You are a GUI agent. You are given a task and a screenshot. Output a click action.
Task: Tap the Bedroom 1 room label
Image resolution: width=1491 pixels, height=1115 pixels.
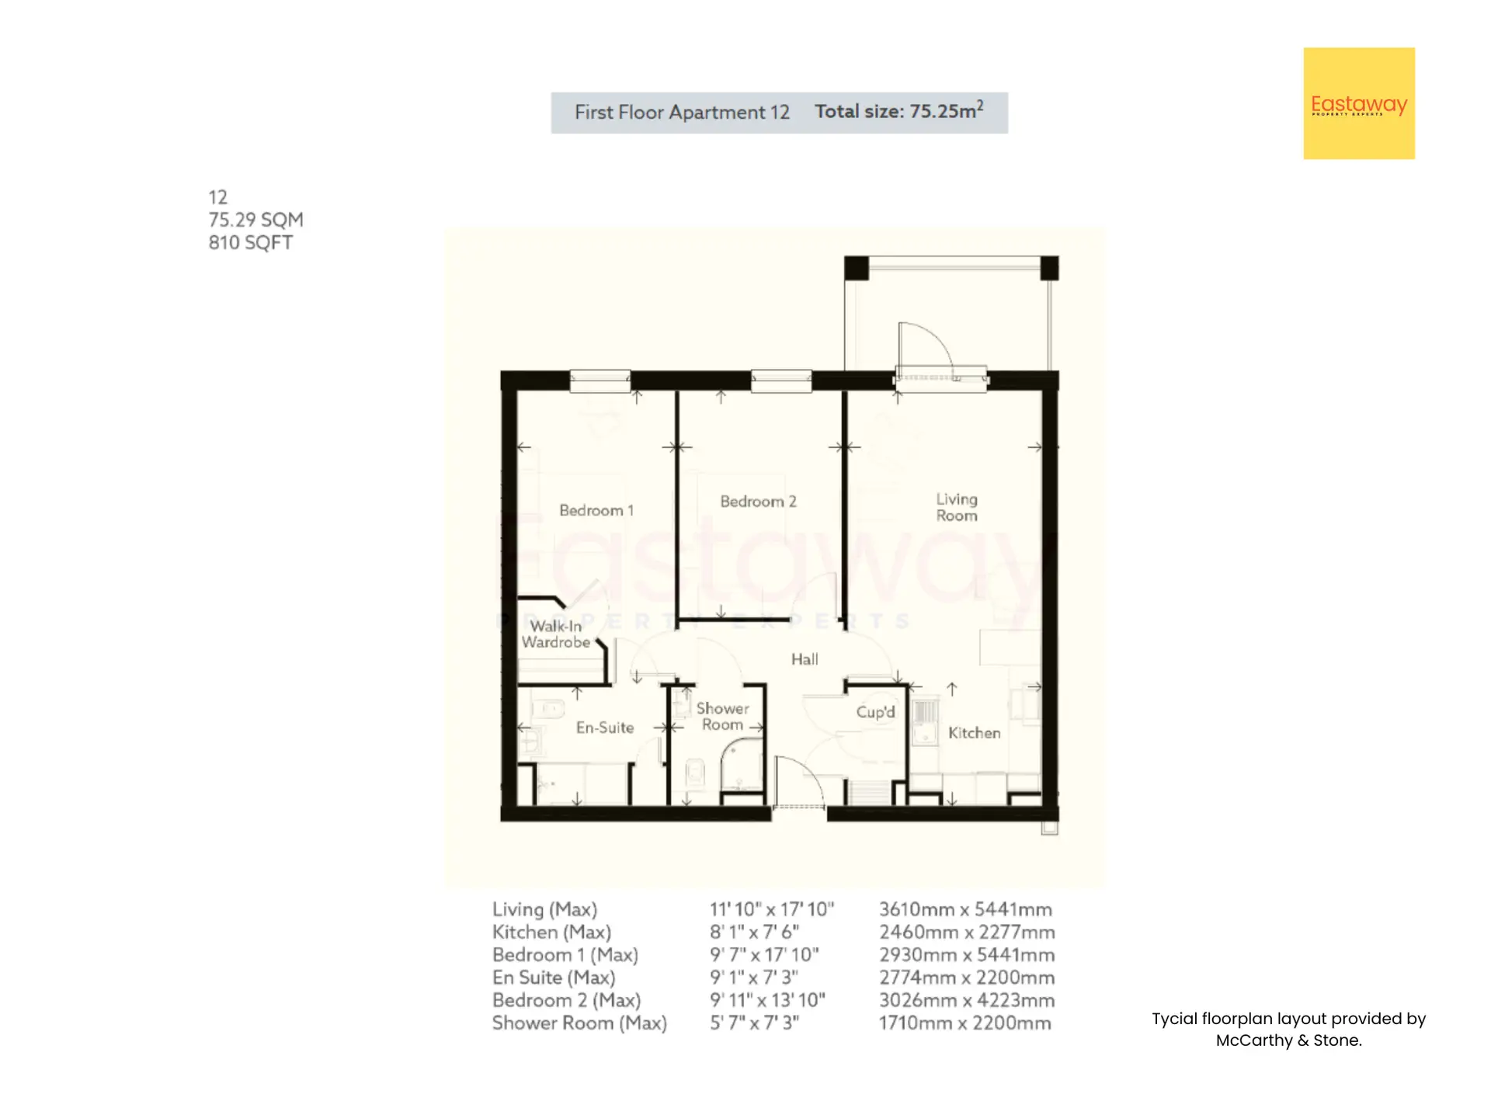point(596,510)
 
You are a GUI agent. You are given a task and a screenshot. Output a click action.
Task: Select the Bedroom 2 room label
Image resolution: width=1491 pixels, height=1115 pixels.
point(758,502)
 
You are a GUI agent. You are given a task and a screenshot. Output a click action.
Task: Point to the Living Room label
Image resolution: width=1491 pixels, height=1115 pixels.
point(956,507)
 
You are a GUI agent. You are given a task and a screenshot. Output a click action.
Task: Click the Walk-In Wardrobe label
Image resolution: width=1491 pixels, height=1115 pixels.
point(556,634)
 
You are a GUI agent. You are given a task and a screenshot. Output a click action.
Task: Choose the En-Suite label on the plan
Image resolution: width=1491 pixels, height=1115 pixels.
point(605,728)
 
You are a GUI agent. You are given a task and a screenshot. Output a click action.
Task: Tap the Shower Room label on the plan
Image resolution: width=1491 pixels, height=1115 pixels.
point(722,717)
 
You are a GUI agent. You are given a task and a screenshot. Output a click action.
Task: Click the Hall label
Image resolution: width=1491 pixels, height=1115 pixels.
point(805,659)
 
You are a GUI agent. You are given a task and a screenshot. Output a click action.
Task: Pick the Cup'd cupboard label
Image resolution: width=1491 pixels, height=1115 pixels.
point(875,712)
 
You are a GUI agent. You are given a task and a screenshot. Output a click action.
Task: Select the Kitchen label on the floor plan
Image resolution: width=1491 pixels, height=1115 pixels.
point(974,733)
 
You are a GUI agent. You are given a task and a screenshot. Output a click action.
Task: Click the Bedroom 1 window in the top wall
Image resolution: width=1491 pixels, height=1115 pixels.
point(600,380)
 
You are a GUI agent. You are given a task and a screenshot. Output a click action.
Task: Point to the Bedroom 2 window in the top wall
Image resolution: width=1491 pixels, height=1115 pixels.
point(781,380)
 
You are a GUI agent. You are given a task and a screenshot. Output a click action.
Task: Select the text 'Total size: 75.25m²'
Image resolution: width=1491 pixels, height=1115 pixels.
point(899,111)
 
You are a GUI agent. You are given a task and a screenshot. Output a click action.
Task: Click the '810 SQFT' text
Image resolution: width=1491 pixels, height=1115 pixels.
point(250,242)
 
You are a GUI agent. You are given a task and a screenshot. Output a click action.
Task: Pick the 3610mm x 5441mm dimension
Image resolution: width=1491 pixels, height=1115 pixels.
point(965,909)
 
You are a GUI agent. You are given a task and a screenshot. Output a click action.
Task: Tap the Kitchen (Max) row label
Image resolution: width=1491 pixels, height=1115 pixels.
point(551,932)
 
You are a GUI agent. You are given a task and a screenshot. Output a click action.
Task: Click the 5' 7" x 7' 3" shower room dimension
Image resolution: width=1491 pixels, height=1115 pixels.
point(754,1023)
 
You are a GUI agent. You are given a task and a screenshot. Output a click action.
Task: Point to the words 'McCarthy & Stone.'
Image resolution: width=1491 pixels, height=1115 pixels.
point(1288,1040)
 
